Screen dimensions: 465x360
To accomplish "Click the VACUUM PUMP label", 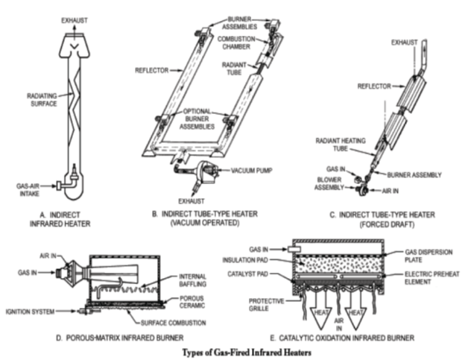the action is (x=251, y=171).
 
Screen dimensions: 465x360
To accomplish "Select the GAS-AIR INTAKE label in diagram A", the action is (x=28, y=190).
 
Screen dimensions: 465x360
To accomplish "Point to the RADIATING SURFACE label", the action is (x=42, y=100).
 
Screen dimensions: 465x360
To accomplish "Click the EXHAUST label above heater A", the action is (x=75, y=20).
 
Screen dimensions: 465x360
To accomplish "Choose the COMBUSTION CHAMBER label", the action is (x=236, y=42).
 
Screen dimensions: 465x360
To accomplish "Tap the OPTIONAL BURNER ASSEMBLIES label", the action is (x=197, y=119).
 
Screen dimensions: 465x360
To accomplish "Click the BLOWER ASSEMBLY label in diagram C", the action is (x=329, y=183).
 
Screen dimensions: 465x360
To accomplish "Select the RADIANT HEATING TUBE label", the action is (x=341, y=145).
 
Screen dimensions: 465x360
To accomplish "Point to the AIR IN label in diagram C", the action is (x=390, y=191).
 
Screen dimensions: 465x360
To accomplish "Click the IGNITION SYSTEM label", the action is (x=30, y=312).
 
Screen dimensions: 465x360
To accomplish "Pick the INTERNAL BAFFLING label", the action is (x=192, y=280).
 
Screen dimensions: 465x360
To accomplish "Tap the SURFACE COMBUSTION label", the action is (x=173, y=323).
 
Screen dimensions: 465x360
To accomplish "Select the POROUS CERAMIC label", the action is (x=192, y=302).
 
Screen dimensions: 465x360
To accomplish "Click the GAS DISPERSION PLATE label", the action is (x=428, y=256).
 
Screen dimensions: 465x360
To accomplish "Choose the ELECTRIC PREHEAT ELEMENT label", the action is (x=431, y=278).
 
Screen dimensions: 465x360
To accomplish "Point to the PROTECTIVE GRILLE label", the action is (x=266, y=305).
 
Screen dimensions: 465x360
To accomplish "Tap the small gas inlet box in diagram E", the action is (x=294, y=249).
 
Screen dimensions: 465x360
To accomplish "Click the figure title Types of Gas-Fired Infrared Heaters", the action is (x=247, y=353).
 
